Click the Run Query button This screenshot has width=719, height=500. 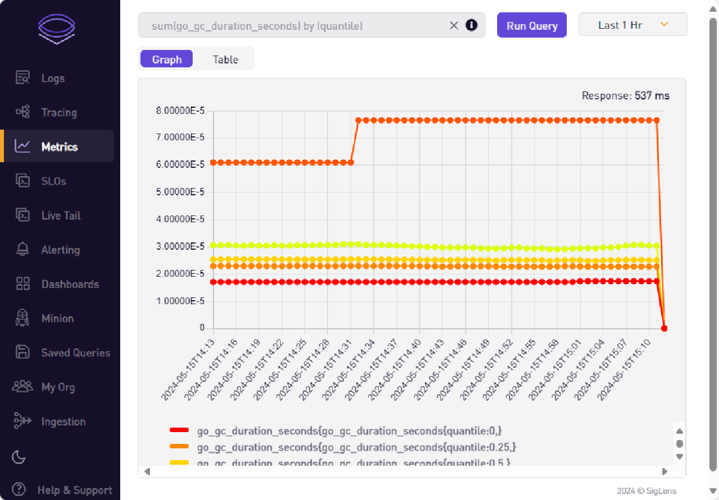coord(531,26)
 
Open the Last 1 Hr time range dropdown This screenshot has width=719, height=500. coord(632,25)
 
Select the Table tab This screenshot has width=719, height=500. coord(225,59)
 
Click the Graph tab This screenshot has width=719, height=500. coord(167,59)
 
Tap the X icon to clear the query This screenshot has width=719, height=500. coord(454,25)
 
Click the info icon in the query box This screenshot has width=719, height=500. coord(471,25)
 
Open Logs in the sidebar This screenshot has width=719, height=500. coord(53,79)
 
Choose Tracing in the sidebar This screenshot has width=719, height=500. coord(58,113)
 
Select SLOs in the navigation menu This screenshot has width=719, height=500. coord(53,181)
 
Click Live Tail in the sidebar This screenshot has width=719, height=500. coord(61,215)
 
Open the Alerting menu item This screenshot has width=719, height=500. coord(60,250)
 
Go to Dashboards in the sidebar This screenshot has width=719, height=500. coord(70,285)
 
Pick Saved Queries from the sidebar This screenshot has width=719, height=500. coord(75,353)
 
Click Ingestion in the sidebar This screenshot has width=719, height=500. coord(63,421)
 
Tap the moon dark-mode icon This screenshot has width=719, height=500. coord(19,457)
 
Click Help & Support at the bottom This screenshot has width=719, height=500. coord(74,490)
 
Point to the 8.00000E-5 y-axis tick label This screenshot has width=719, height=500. coord(180,111)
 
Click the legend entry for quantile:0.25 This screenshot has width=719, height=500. coord(356,447)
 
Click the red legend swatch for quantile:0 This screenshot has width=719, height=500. coord(179,430)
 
